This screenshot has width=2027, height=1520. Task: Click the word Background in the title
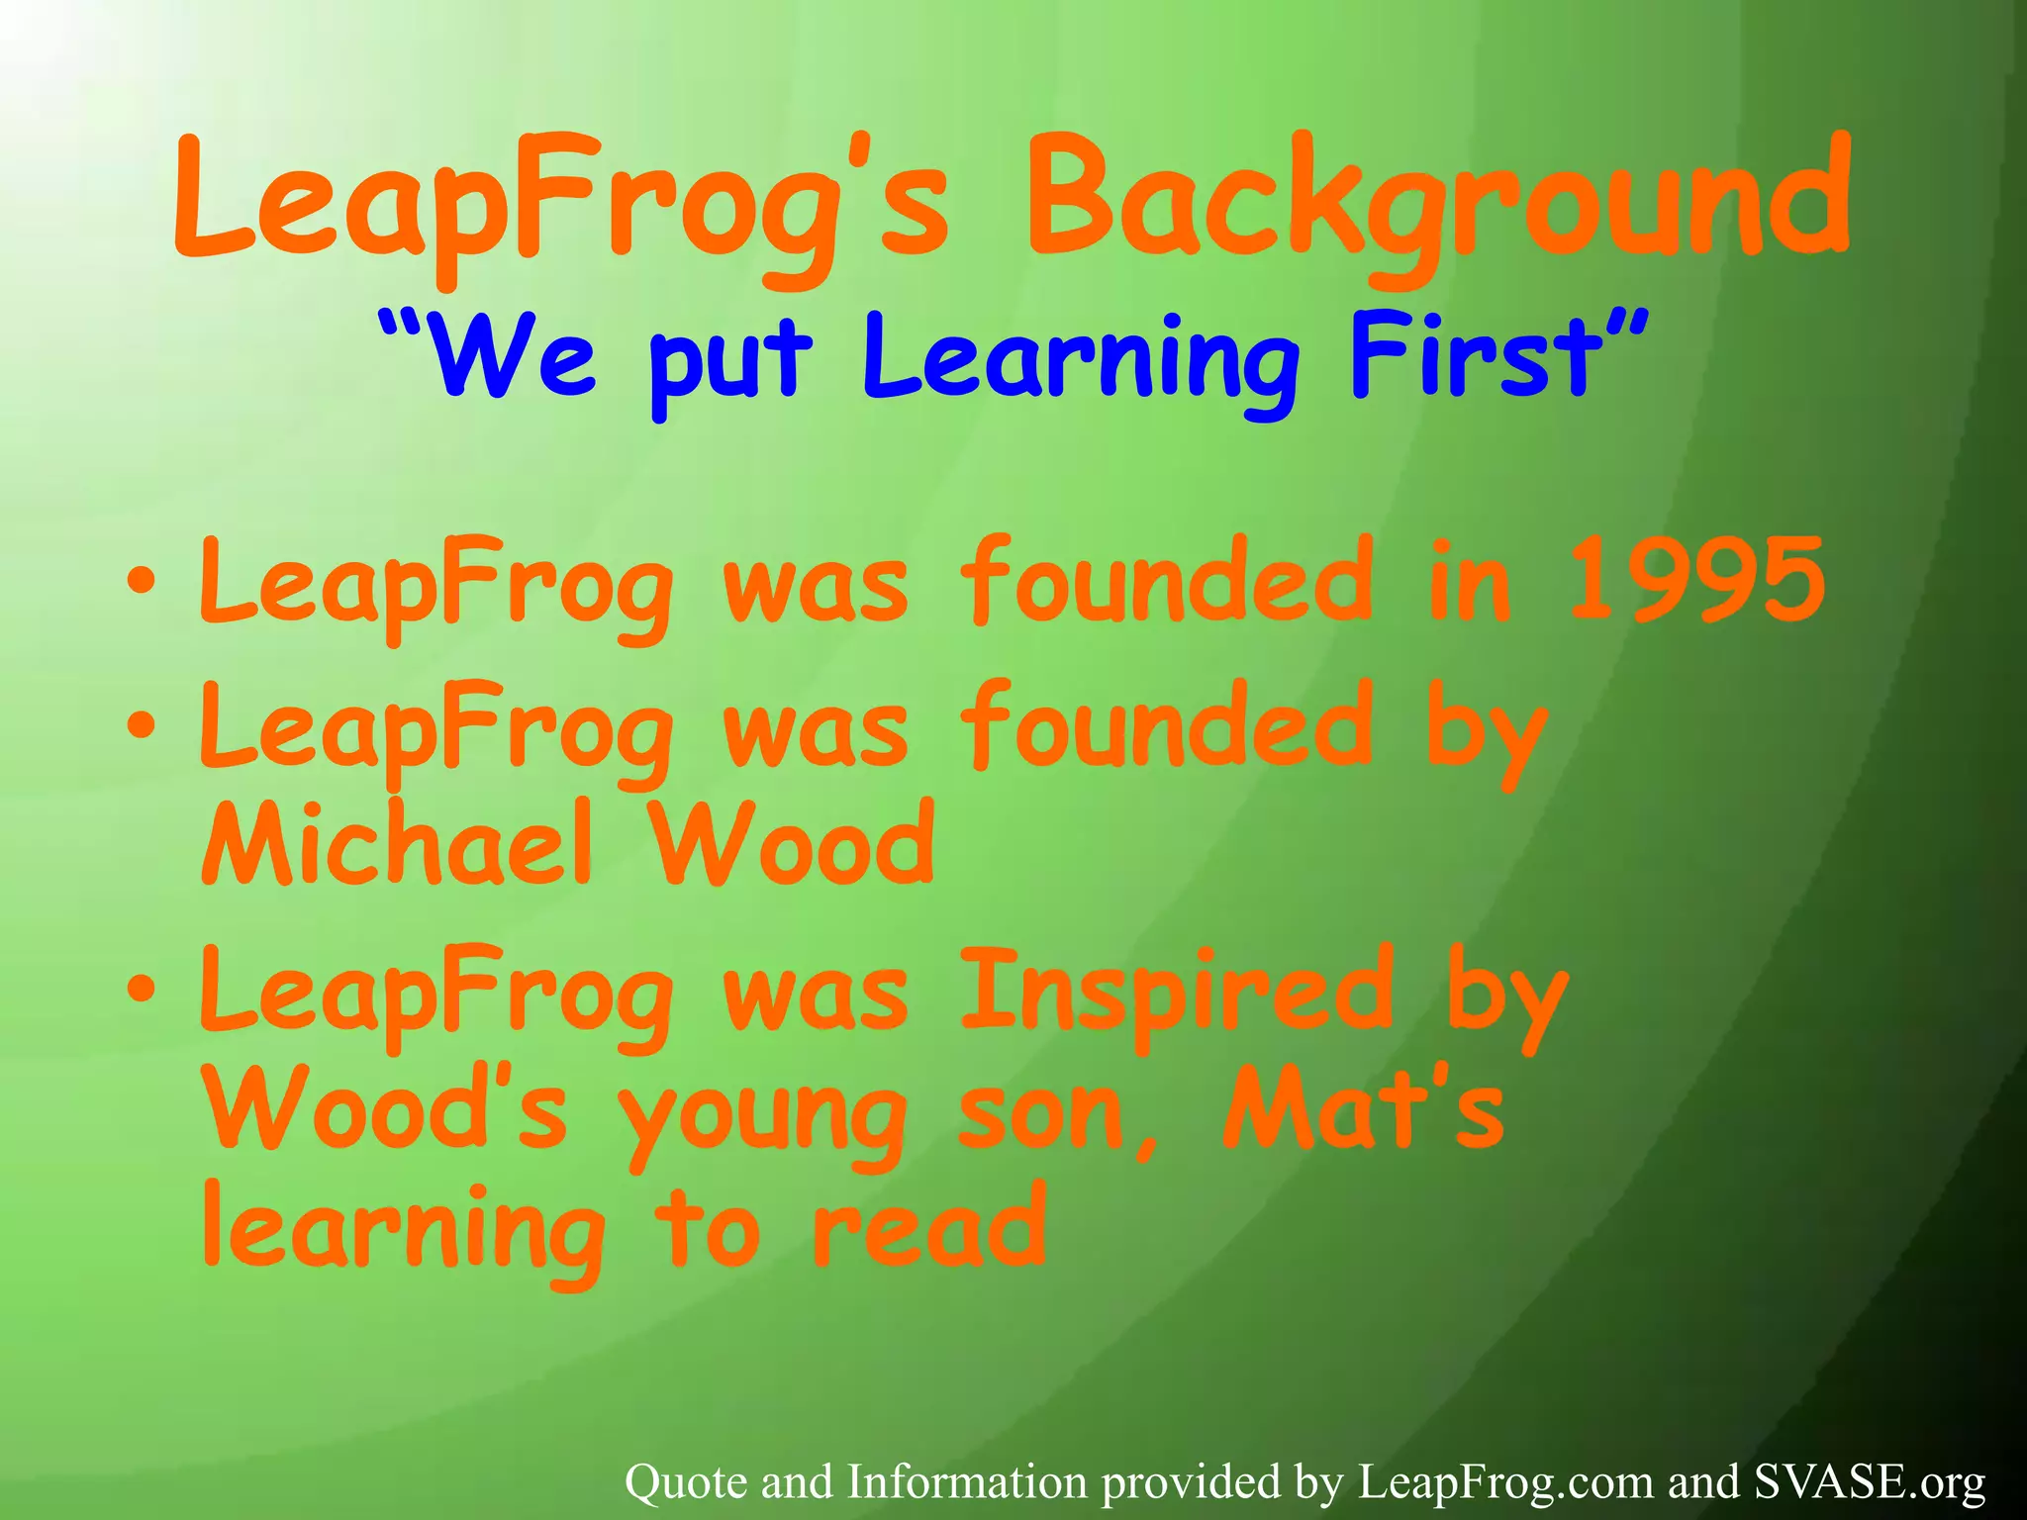click(1437, 203)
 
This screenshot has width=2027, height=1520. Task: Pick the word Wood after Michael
click(792, 843)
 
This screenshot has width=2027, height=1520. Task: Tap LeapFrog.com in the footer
click(1504, 1482)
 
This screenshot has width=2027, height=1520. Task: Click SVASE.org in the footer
click(1870, 1482)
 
